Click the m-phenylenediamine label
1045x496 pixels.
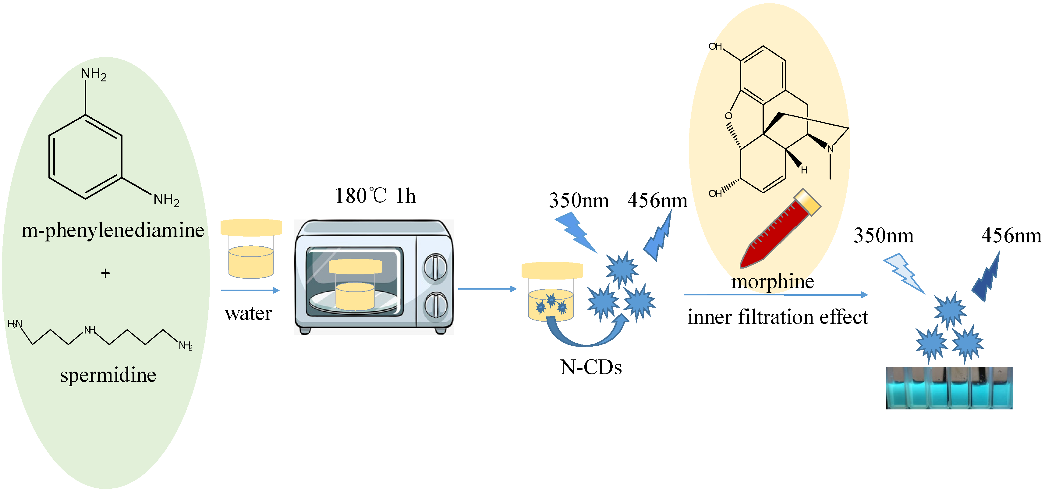112,230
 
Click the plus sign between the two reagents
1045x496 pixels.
105,273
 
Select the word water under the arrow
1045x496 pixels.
248,313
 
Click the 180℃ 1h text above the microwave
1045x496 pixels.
375,196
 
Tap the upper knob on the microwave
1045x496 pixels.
435,267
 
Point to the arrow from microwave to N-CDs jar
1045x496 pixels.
487,289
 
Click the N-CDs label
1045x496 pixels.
591,367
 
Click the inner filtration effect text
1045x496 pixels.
778,317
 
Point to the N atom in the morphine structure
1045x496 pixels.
831,149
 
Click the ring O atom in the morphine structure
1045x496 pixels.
728,116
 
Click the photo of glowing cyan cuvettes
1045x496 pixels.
949,388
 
